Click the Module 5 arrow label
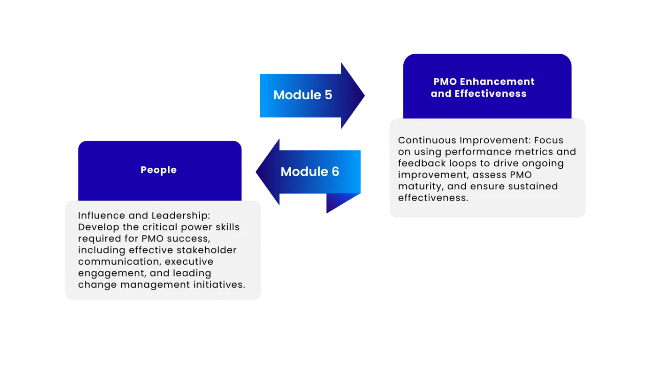click(x=302, y=95)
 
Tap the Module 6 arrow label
click(x=310, y=171)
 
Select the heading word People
click(x=159, y=170)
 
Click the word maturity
click(x=419, y=186)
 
